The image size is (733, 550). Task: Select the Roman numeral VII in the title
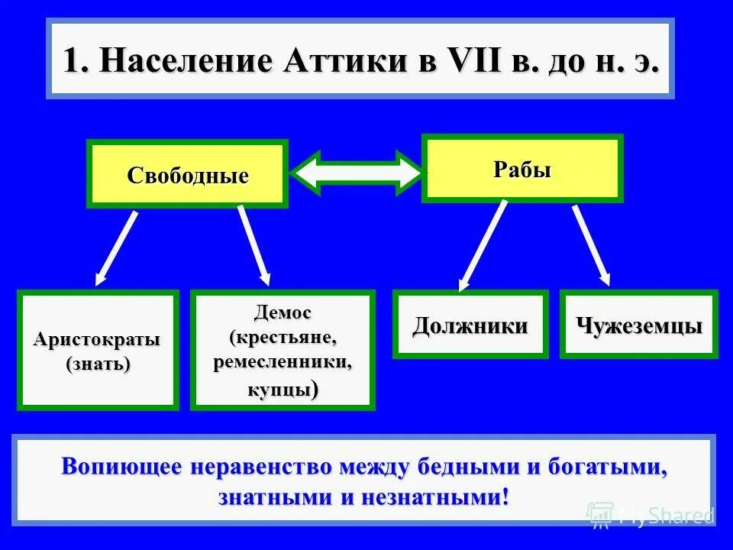tap(467, 61)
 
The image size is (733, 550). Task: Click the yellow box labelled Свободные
tap(187, 175)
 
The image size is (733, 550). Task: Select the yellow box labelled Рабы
tap(522, 169)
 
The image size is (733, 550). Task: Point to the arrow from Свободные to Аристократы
tap(116, 248)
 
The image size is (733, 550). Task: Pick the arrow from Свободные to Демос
tap(254, 246)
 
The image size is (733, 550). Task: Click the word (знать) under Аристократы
tap(98, 364)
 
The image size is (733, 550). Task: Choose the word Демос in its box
tap(283, 312)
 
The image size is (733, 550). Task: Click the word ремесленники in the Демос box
tap(283, 361)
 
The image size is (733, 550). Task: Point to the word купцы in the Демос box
tap(279, 390)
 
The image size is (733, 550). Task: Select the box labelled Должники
tap(470, 325)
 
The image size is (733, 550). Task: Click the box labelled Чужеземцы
tap(639, 325)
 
